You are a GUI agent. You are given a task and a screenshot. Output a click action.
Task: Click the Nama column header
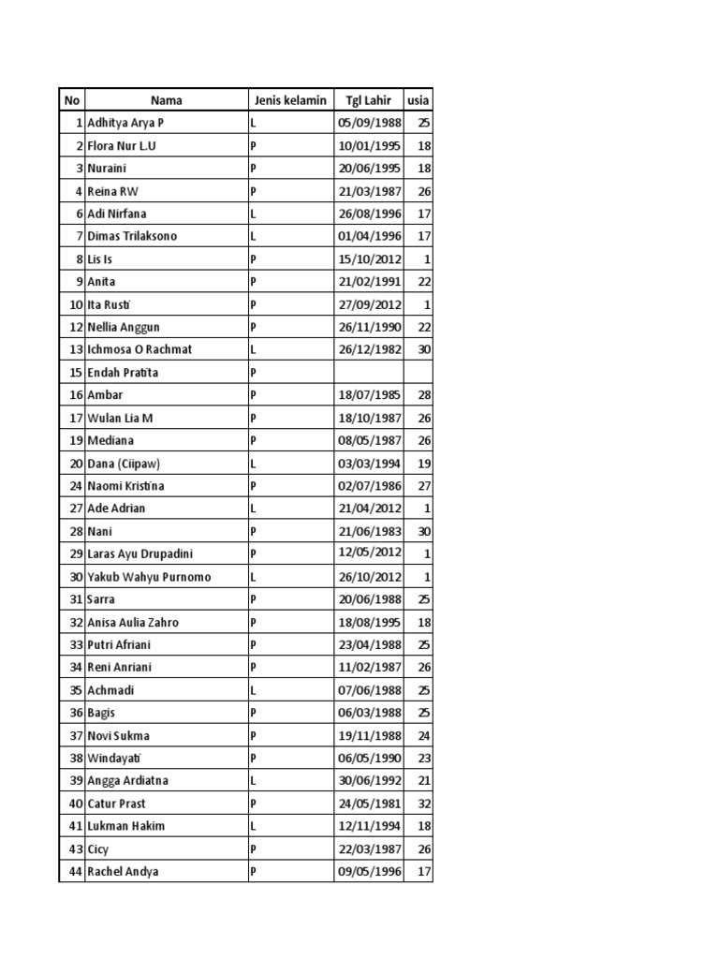pyautogui.click(x=166, y=100)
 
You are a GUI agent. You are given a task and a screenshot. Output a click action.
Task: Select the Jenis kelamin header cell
pyautogui.click(x=289, y=100)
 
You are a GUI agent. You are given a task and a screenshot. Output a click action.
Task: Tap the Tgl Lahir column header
pyautogui.click(x=368, y=100)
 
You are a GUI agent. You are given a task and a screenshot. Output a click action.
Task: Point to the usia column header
pyautogui.click(x=418, y=100)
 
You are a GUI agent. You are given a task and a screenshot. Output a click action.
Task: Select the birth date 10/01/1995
pyautogui.click(x=368, y=146)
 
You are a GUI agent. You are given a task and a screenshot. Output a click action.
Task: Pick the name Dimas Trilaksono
pyautogui.click(x=132, y=237)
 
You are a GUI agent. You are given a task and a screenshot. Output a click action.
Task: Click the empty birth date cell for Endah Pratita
pyautogui.click(x=368, y=373)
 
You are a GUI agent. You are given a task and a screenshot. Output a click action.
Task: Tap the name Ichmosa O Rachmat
pyautogui.click(x=139, y=349)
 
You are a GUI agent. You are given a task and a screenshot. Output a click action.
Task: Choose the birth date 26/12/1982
pyautogui.click(x=368, y=349)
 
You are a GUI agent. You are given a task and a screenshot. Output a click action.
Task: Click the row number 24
pyautogui.click(x=75, y=486)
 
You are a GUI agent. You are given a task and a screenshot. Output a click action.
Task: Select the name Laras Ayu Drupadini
pyautogui.click(x=139, y=554)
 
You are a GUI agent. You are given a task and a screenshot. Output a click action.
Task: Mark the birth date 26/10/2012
pyautogui.click(x=368, y=577)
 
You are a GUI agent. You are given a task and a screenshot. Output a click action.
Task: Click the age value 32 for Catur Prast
pyautogui.click(x=423, y=804)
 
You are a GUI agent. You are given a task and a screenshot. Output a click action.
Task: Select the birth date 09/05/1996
pyautogui.click(x=368, y=872)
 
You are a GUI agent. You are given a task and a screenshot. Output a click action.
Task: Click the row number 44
pyautogui.click(x=75, y=872)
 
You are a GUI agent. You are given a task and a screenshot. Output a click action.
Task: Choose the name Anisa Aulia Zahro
pyautogui.click(x=133, y=622)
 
